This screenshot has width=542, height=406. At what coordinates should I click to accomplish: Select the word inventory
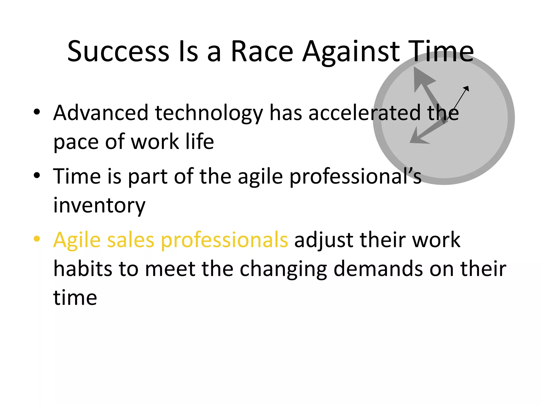(x=99, y=205)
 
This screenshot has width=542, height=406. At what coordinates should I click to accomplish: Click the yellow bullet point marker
(x=37, y=239)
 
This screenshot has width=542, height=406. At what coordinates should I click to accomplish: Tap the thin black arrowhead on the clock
(x=467, y=88)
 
